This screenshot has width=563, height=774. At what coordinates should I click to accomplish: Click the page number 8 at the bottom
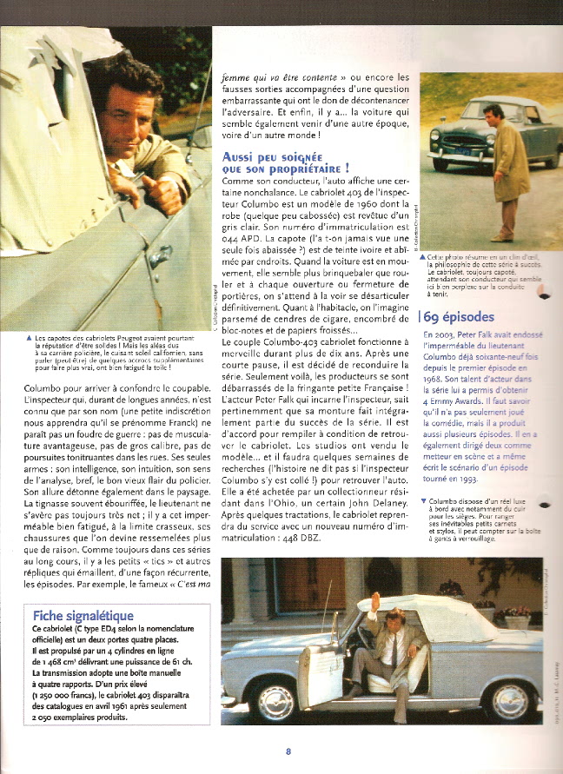coord(287,752)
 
